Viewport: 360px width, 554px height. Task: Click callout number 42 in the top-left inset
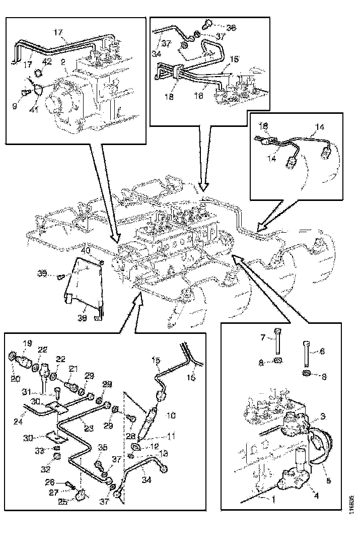click(x=47, y=62)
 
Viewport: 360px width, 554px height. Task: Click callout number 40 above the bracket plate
click(x=87, y=250)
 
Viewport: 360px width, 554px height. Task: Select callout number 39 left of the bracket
click(x=42, y=273)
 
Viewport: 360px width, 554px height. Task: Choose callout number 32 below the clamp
click(x=56, y=457)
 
